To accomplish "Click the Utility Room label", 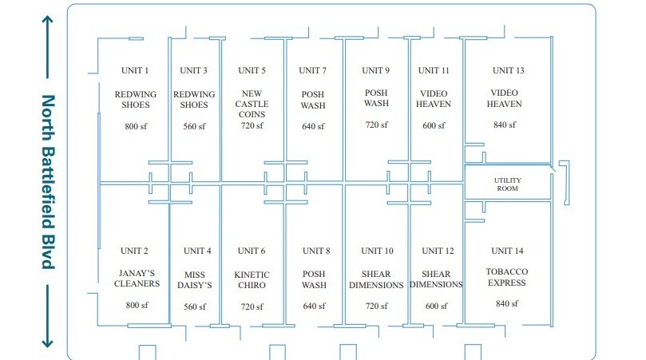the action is point(508,184).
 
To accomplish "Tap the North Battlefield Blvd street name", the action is point(48,182).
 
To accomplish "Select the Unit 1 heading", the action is point(135,70).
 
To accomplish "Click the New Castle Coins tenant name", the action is point(252,104).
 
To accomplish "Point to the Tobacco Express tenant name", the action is point(507,277).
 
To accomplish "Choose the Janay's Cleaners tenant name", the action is point(137,279).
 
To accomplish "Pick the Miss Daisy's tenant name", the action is point(195,279).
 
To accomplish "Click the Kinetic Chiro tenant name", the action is point(252,279).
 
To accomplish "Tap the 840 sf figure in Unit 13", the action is point(505,125).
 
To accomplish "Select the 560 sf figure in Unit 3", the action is point(194,126).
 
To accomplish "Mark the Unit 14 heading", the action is point(507,251).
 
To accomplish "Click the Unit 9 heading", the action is point(375,70).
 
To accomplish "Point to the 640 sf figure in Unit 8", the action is point(314,306).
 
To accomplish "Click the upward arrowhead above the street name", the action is point(47,20).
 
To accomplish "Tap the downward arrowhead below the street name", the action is point(47,343).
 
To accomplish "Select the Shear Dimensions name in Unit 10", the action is point(376,279).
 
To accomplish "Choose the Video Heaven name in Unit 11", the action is point(434,99).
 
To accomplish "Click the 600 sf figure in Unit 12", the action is point(436,306).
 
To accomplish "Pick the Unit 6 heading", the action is point(252,251).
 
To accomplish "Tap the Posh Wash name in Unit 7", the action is point(313,100).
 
